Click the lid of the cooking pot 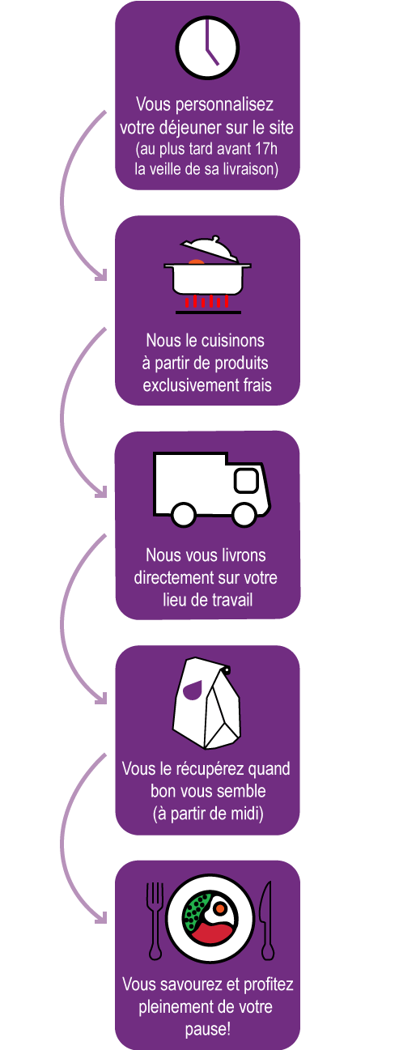pyautogui.click(x=209, y=249)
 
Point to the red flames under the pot pyautogui.click(x=207, y=301)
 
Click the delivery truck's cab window pyautogui.click(x=246, y=480)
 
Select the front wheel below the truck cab pyautogui.click(x=244, y=514)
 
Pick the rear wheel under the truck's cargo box pyautogui.click(x=183, y=514)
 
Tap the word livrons pyautogui.click(x=243, y=555)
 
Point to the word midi pyautogui.click(x=241, y=814)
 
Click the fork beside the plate pyautogui.click(x=155, y=920)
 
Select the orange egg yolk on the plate pyautogui.click(x=219, y=908)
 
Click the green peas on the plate pyautogui.click(x=196, y=910)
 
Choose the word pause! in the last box pyautogui.click(x=208, y=1030)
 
